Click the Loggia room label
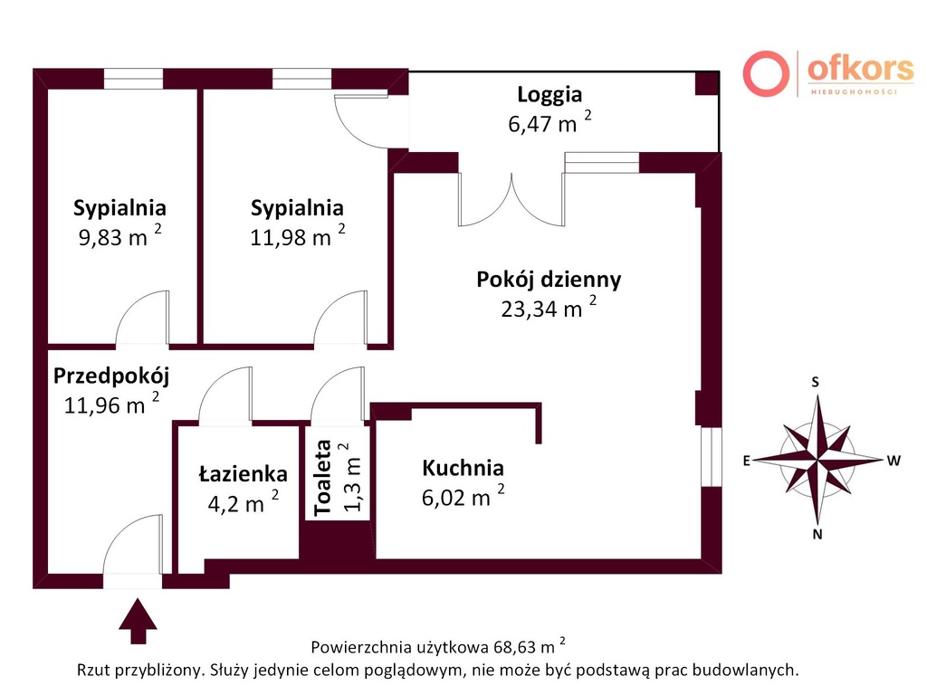pos(550,94)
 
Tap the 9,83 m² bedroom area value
pos(120,236)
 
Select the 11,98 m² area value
pos(297,236)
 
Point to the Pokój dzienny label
pos(549,280)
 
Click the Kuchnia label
pos(463,468)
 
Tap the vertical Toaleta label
pos(323,478)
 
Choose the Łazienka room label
pos(243,473)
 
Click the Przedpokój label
pos(111,376)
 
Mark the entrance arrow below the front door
pos(138,621)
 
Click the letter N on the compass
pos(817,534)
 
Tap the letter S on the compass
pos(816,382)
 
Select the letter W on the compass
pos(894,461)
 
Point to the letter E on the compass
pos(747,461)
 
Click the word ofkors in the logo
pos(860,69)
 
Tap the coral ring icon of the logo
pos(766,74)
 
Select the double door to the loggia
pos(511,200)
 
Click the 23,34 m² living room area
pos(549,308)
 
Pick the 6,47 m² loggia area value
pos(550,123)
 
